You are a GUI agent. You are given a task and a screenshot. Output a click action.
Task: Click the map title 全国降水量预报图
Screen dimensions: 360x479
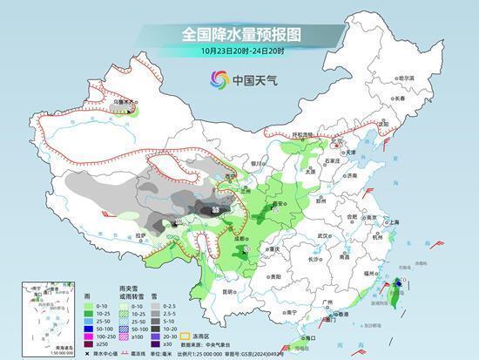(239, 34)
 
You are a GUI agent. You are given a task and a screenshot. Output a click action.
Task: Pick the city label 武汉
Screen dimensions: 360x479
(324, 235)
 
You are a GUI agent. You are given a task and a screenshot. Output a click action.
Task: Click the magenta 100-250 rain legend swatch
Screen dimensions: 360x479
(89, 336)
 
